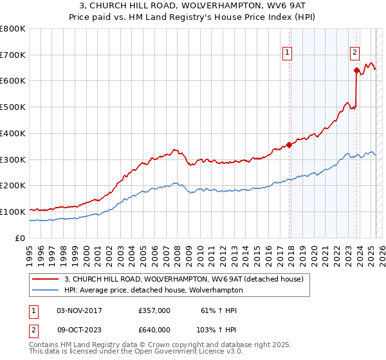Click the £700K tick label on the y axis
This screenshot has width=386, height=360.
13,55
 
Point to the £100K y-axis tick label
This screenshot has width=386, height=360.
13,212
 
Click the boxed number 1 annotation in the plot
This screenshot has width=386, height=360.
286,53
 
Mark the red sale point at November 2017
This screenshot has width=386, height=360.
289,145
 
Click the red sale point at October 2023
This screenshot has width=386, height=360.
356,71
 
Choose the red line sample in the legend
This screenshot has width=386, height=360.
45,279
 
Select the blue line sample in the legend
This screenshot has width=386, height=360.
45,291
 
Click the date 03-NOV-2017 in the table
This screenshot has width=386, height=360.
79,310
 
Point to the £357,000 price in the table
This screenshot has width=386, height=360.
154,310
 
